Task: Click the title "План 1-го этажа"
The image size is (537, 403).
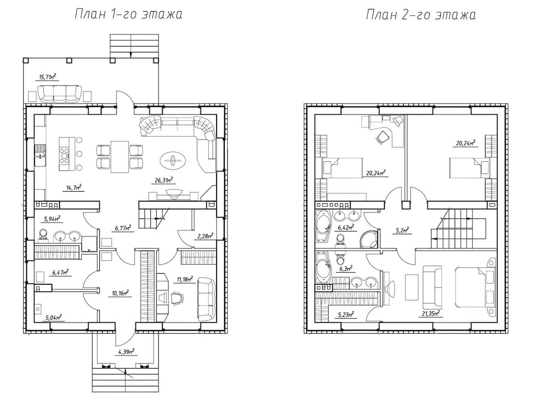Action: (128, 14)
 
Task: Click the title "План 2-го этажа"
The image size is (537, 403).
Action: (421, 15)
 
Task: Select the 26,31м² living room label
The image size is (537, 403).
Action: (164, 180)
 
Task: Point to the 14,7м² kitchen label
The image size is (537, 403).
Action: (74, 188)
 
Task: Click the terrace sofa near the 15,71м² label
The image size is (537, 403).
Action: (60, 94)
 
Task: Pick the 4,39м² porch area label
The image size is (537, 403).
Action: (126, 352)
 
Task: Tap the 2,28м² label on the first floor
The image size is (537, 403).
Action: (205, 236)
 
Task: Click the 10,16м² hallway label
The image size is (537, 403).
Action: (120, 293)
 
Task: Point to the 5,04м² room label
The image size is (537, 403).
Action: (53, 317)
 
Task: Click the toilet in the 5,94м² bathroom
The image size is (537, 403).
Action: (43, 234)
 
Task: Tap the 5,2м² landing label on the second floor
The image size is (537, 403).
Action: (402, 230)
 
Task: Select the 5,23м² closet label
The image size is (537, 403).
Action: (346, 314)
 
